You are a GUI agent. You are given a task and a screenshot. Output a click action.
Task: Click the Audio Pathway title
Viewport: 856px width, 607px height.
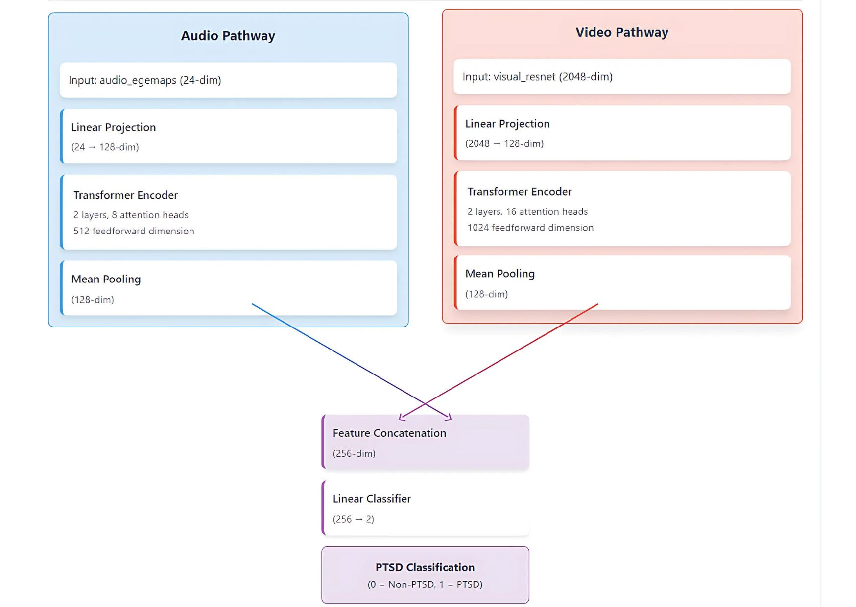tap(228, 36)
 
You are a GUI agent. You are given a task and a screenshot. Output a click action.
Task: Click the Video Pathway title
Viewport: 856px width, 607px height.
tap(621, 32)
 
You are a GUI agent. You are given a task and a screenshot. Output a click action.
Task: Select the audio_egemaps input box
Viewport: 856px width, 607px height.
tap(228, 80)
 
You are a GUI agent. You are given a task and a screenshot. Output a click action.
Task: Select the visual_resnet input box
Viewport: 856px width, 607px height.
tap(622, 77)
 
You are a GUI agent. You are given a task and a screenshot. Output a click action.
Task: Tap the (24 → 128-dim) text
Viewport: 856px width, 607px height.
tap(105, 147)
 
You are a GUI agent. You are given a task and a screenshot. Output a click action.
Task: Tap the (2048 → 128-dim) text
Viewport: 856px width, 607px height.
tap(504, 143)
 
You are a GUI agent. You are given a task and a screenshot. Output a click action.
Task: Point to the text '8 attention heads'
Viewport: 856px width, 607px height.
tap(150, 215)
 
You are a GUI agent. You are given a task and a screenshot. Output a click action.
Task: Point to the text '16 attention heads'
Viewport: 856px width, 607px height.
tap(547, 211)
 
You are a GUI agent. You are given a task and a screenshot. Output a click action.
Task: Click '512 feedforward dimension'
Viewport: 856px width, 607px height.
tap(134, 231)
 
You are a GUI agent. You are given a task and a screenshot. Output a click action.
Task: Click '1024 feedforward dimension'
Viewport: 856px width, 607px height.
tap(530, 228)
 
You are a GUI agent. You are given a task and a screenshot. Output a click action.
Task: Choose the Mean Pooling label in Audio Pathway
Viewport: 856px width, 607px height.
tap(106, 279)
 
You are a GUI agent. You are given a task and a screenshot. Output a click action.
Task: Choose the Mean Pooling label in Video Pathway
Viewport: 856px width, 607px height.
tap(499, 274)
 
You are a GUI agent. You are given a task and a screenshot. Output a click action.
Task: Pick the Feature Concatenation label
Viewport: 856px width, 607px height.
tap(389, 433)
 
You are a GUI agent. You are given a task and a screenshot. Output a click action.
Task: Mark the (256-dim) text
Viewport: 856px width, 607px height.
tap(354, 454)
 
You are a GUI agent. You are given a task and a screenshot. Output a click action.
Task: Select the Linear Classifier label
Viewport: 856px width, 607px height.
tap(372, 499)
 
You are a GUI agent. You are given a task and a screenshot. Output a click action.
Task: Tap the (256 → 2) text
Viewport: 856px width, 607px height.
tap(353, 519)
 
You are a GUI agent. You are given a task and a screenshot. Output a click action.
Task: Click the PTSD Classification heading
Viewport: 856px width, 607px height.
tap(425, 567)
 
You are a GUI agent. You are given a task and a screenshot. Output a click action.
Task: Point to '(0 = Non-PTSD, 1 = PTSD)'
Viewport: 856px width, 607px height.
tap(425, 584)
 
